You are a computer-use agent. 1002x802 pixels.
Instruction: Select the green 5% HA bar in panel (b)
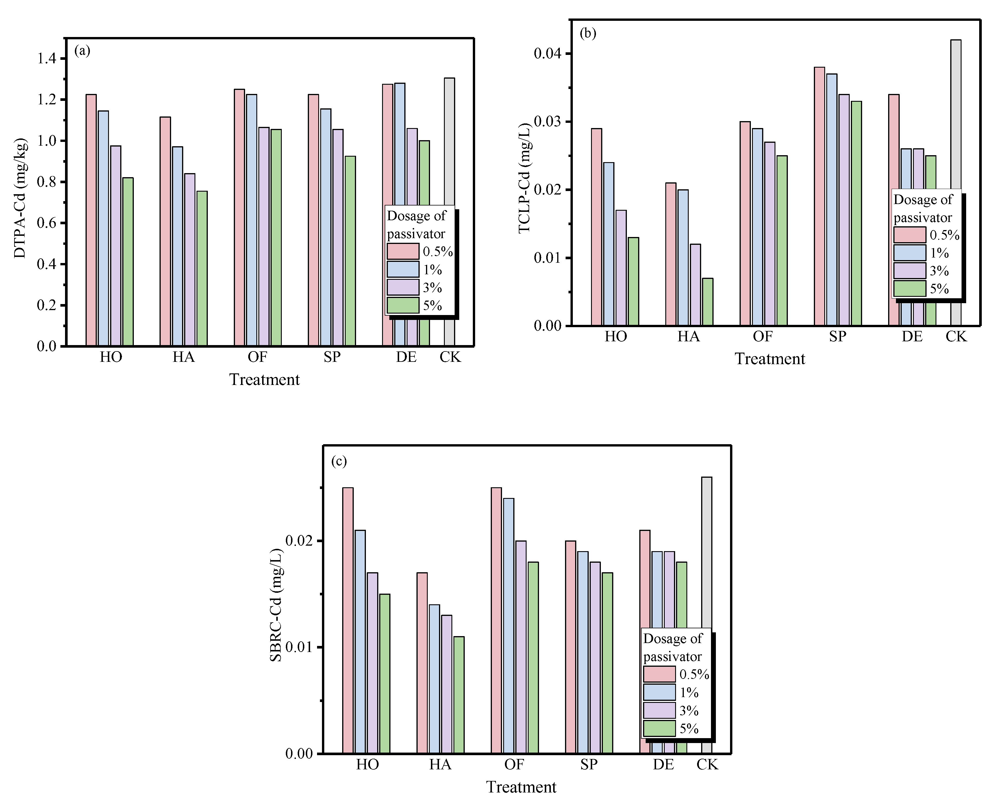tap(707, 302)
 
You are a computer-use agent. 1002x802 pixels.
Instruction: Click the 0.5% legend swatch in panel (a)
tap(403, 251)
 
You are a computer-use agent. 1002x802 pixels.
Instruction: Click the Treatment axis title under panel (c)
tap(521, 787)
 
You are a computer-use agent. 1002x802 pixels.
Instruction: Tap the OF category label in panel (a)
tap(258, 357)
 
